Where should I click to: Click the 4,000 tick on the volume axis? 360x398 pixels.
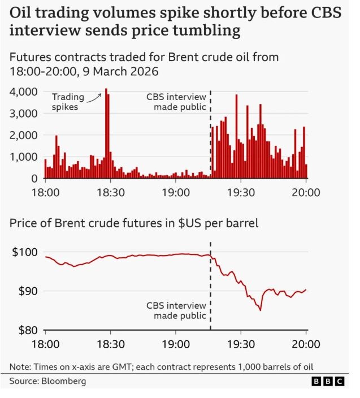(24, 92)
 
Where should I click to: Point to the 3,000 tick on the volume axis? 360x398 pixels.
(24, 113)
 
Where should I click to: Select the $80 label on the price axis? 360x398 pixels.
(26, 330)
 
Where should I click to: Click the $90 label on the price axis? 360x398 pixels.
(26, 291)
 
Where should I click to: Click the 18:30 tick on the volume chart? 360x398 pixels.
(111, 192)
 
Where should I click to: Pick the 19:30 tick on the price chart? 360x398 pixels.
(241, 344)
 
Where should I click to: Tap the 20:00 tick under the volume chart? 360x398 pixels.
(306, 192)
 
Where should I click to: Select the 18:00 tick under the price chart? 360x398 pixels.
(45, 344)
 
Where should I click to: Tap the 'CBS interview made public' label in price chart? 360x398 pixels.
(176, 310)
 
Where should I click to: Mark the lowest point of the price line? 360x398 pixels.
(261, 310)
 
